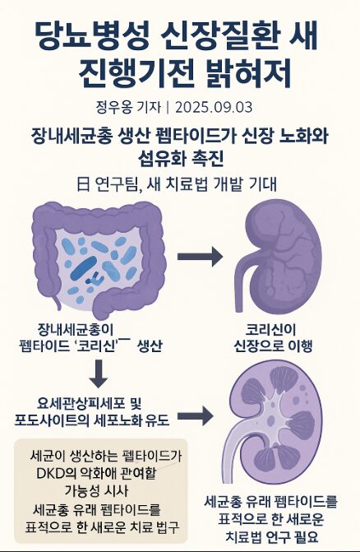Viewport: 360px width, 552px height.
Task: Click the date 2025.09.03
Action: (x=214, y=108)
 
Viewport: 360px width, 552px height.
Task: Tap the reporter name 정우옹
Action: (x=112, y=108)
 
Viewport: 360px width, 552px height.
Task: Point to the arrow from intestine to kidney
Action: (x=200, y=257)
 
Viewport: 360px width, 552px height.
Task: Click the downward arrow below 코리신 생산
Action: (x=99, y=373)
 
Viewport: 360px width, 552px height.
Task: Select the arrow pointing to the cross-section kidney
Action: (x=195, y=416)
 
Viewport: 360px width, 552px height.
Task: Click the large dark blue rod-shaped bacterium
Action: (x=84, y=268)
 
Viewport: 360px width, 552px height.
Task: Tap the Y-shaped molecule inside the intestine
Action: (x=95, y=279)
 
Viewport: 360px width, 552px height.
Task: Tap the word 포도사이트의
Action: (x=52, y=420)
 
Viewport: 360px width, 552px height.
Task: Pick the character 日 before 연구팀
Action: (x=83, y=184)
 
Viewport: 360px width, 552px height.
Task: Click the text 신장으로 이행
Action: (x=274, y=346)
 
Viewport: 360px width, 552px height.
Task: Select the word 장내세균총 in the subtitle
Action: (x=70, y=137)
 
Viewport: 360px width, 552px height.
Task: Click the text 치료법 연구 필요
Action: (x=271, y=537)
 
